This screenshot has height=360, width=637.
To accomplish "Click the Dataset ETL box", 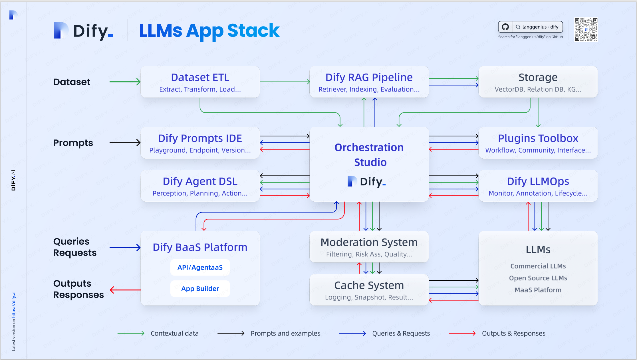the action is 200,82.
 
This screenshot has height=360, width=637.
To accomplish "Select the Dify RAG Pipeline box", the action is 369,82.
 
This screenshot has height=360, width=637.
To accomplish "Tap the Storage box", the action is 538,82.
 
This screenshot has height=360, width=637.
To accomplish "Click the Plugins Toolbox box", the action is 538,143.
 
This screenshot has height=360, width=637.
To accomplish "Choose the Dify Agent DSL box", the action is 200,186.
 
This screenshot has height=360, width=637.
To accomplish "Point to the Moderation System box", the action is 369,247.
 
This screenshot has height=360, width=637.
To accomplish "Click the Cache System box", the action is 369,290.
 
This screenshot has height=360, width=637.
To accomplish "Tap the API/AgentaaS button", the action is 200,268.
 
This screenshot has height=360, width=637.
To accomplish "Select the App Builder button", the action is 200,289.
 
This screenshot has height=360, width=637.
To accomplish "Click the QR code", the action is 586,30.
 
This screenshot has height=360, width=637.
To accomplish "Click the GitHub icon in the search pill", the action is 505,27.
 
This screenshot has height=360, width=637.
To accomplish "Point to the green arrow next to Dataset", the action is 125,82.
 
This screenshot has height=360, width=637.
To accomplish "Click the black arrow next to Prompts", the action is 125,143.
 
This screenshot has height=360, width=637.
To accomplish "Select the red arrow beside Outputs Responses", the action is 125,290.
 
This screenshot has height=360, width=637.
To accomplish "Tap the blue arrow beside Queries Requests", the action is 125,248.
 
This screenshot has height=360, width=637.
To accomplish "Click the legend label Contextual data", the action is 175,333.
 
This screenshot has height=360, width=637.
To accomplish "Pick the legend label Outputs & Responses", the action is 514,333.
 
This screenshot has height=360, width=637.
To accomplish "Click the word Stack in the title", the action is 253,31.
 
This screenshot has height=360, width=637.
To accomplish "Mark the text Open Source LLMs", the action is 538,278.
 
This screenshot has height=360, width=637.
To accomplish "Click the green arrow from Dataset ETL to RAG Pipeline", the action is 285,82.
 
